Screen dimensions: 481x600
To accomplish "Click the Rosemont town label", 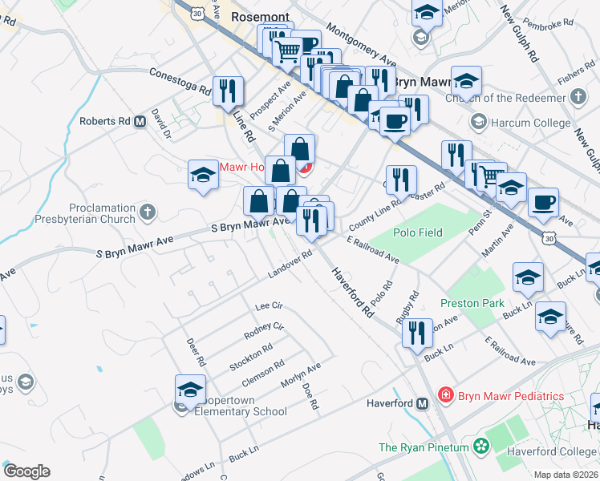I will pos(259,15).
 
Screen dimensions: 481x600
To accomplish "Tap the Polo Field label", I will pos(417,232).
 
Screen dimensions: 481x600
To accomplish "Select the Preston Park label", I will pos(472,303).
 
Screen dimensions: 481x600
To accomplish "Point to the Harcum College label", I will pos(531,123).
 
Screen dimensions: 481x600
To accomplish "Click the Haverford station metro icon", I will pos(422,403).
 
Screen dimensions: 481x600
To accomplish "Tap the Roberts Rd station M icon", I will pos(140,121).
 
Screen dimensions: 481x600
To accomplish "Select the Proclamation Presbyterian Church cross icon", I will pos(146,212).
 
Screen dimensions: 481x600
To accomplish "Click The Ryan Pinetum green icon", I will pos(481,446).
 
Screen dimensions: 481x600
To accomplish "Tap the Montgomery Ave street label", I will pos(363,50).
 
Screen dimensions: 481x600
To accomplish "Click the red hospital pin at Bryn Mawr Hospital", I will pos(305,168).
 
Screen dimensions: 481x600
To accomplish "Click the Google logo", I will pos(26,471).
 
